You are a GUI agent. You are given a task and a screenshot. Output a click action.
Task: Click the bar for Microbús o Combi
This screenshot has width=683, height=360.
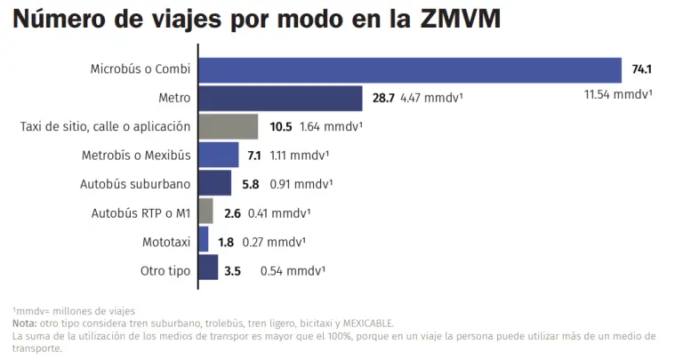[x=409, y=69]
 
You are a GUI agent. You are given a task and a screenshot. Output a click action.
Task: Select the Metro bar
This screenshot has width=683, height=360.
[x=280, y=98]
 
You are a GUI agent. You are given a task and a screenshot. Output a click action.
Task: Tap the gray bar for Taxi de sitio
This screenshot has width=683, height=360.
[x=228, y=126]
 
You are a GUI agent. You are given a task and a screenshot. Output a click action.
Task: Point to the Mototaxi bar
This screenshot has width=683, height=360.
[x=203, y=240]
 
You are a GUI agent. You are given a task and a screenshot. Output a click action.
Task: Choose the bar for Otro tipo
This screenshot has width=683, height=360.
[x=207, y=268]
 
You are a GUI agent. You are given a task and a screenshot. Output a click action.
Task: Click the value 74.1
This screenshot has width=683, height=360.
[x=642, y=68]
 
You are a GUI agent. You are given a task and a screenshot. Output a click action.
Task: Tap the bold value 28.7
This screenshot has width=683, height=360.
[x=383, y=98]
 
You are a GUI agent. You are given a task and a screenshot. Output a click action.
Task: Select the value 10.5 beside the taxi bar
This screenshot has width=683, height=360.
[x=281, y=126]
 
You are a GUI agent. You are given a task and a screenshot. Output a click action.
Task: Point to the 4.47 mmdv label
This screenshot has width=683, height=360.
[x=431, y=98]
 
